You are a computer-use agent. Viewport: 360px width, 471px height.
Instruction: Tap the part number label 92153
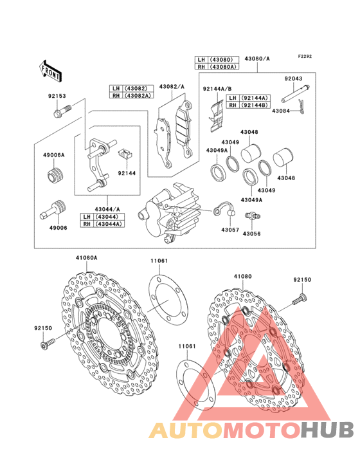point(57,97)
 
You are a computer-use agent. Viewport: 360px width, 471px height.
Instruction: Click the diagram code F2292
point(305,57)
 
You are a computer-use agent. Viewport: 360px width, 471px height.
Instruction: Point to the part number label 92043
point(294,78)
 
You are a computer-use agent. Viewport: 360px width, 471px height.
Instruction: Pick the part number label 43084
point(281,111)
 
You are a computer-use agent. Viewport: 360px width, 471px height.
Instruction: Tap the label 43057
point(230,230)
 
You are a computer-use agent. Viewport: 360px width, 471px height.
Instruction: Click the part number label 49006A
point(53,156)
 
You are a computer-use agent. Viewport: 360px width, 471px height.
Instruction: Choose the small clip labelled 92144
point(125,154)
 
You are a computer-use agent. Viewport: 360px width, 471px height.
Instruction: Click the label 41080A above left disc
point(86,258)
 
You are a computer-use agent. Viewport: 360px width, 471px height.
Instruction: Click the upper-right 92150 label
point(302,281)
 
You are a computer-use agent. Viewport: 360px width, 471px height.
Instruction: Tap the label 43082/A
point(172,87)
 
